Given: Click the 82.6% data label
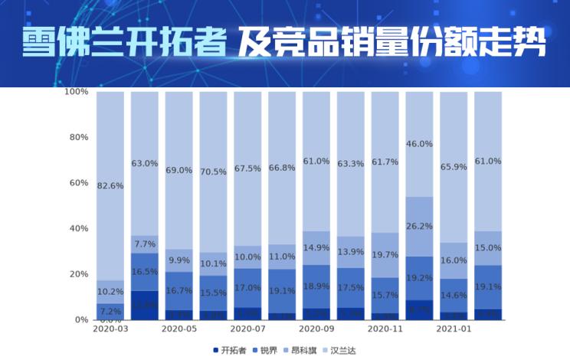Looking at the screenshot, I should coord(110,186).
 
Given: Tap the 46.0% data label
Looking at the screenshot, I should coord(419,144).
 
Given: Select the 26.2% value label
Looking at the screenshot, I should coord(419,227).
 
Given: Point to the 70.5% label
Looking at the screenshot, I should coord(213,172).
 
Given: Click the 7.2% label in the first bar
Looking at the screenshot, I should coord(110,311).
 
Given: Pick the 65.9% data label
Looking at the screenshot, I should coord(454,166).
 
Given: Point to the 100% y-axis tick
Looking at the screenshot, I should coord(77,92).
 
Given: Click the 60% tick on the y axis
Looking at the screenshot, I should coord(80,183).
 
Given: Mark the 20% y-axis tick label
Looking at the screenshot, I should coord(80,274).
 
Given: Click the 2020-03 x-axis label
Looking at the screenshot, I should coord(110,329).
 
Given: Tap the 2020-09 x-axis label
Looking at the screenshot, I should coord(316,329).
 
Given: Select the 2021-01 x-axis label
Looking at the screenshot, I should coord(454,329).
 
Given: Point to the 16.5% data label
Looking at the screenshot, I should coord(145,272).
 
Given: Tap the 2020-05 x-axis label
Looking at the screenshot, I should coord(179,329).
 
